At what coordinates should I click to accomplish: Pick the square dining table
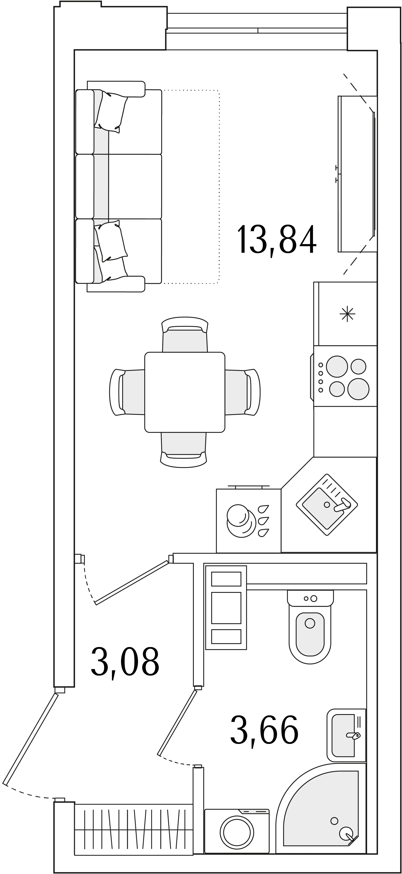tap(185, 392)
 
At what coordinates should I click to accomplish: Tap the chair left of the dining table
tap(127, 392)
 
